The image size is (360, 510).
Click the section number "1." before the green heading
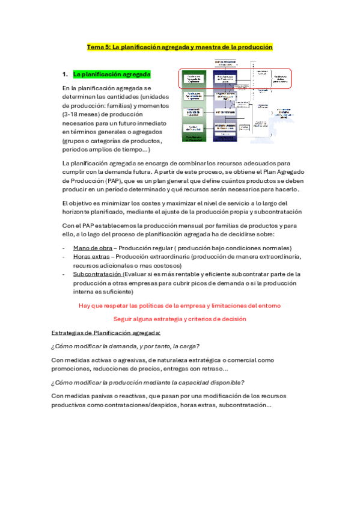(66, 75)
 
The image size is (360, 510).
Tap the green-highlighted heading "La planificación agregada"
(112, 75)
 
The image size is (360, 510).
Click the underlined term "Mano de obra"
(91, 248)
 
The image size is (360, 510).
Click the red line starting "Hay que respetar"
(179, 306)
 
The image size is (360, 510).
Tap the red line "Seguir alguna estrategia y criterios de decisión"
(179, 319)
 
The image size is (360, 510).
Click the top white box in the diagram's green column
(194, 79)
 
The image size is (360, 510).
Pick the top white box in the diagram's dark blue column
(227, 79)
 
